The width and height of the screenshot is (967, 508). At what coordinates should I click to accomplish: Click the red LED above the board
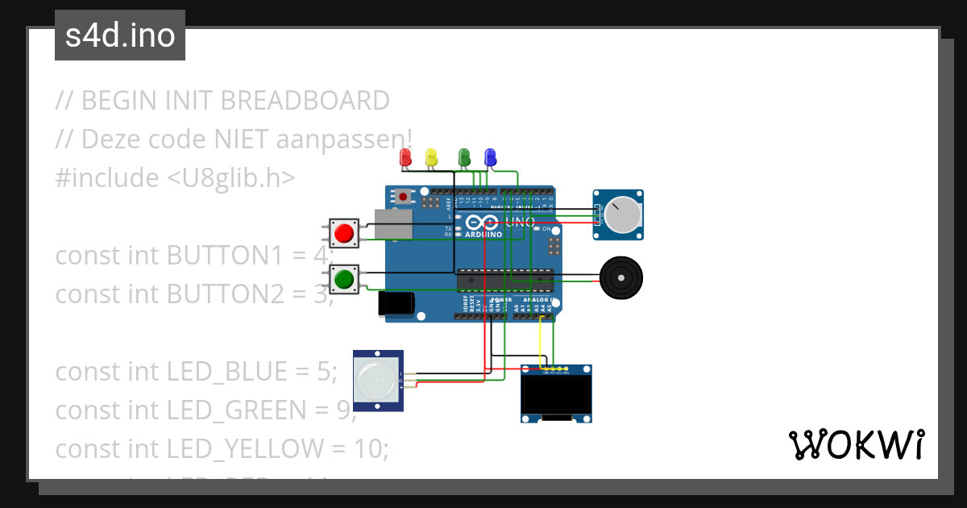click(406, 156)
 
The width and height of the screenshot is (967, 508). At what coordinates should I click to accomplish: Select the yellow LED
click(431, 156)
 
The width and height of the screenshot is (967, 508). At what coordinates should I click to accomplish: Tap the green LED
click(464, 156)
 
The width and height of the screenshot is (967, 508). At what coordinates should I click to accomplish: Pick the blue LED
click(489, 156)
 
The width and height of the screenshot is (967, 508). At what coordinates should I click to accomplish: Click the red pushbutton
click(344, 233)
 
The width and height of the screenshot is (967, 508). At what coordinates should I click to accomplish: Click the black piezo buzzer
click(621, 277)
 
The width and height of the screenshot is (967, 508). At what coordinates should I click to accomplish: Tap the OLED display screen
click(555, 395)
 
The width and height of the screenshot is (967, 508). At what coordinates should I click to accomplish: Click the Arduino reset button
click(401, 196)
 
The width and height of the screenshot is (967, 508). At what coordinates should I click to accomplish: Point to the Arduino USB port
click(394, 224)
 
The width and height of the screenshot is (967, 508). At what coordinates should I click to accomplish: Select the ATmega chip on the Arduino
click(505, 280)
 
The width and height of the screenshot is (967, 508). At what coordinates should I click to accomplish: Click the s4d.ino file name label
click(120, 36)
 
